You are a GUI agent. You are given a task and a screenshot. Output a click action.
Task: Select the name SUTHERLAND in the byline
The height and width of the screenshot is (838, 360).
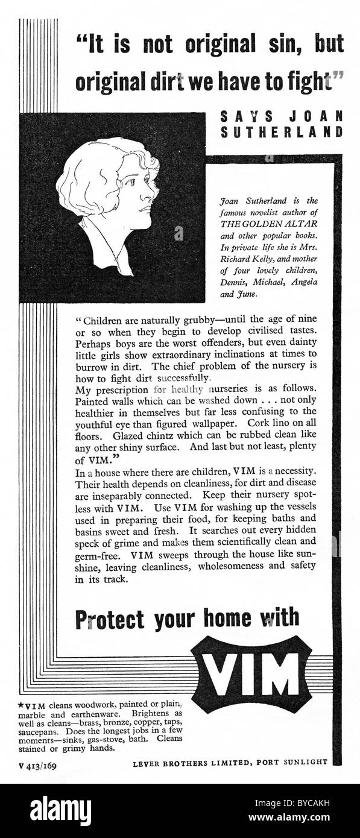(282, 133)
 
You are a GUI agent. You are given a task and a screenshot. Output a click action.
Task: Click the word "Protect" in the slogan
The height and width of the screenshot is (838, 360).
(110, 619)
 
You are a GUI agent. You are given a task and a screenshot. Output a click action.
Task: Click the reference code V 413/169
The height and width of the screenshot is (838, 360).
(38, 763)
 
